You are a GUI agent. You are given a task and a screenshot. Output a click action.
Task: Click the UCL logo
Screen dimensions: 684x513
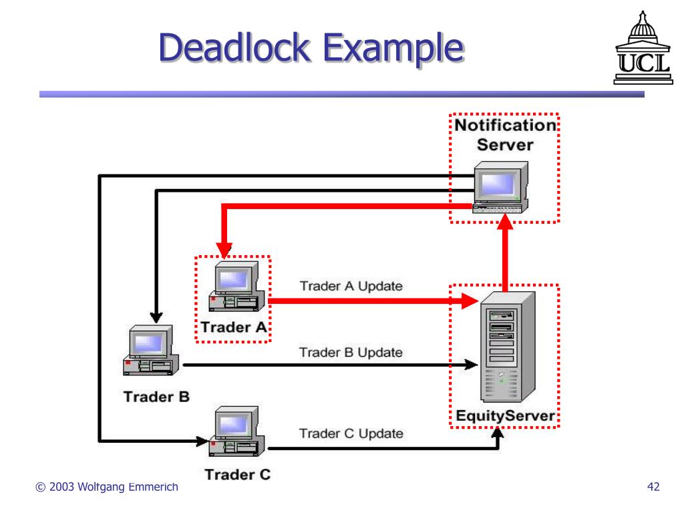click(643, 48)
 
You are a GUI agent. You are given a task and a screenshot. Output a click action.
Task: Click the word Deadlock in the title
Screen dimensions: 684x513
click(234, 47)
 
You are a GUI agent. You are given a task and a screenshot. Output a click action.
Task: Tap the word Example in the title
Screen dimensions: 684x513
click(393, 49)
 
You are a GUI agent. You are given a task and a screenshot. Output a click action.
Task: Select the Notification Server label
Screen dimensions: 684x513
click(505, 135)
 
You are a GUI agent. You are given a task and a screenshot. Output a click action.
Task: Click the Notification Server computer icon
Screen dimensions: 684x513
click(501, 187)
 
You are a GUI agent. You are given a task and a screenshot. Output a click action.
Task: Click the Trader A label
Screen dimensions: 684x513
click(234, 327)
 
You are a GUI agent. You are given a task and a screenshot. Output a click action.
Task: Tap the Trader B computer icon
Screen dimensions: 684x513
click(150, 350)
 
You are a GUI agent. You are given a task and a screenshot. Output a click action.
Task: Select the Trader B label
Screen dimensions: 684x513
click(156, 397)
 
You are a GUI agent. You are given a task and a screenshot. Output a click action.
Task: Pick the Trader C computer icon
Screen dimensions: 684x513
click(236, 432)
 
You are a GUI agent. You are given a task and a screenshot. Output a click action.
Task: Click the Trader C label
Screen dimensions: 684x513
click(238, 474)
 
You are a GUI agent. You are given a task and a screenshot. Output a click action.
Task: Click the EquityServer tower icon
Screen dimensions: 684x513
click(508, 347)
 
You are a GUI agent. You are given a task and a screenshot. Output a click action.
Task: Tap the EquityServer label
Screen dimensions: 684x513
click(505, 415)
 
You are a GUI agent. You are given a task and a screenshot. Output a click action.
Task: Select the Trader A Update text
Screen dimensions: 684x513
click(351, 286)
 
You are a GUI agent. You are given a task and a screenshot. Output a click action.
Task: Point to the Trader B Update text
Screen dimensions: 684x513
click(351, 353)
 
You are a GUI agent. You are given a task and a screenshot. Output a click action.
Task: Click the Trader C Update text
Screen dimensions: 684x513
click(351, 434)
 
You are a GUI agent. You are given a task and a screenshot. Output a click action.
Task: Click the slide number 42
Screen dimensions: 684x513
click(653, 486)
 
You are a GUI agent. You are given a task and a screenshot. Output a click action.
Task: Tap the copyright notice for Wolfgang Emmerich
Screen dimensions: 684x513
click(107, 487)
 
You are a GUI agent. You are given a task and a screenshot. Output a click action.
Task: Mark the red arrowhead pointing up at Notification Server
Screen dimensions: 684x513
click(505, 222)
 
